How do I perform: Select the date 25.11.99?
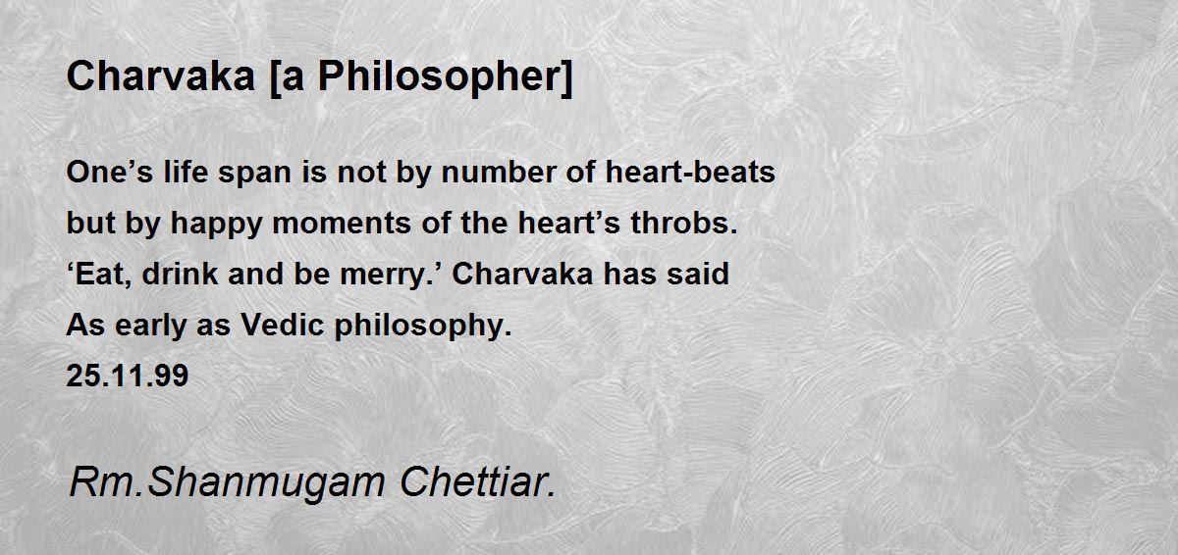127,377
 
